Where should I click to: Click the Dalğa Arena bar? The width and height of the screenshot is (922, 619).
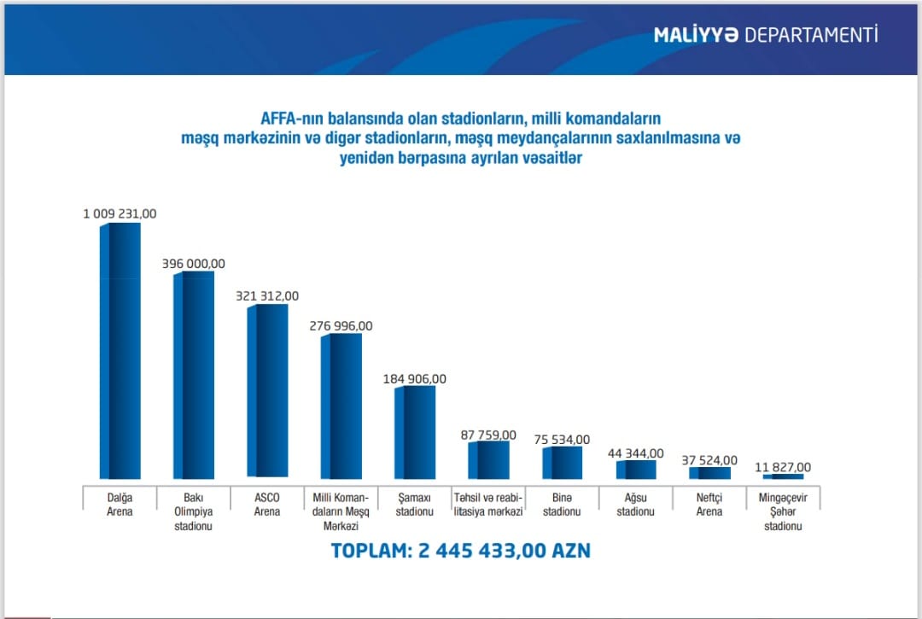coord(120,350)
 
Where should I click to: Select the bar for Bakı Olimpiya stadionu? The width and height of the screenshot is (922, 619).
coord(194,376)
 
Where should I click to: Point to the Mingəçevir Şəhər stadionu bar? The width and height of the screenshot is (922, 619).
coord(783,476)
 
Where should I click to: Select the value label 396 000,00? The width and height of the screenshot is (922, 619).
coord(194,264)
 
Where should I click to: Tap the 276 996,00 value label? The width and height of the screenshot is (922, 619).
coord(341,326)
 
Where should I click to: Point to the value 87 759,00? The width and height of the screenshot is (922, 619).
coord(488,435)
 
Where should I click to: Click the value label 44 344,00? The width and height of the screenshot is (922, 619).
coord(635,453)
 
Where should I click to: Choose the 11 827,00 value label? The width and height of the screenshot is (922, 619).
coord(783,467)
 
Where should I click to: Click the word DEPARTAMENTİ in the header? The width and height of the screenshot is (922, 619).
coord(811,36)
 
